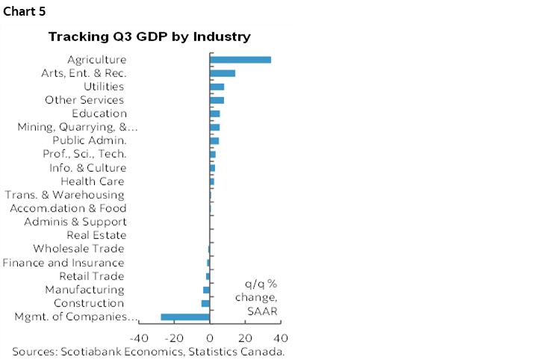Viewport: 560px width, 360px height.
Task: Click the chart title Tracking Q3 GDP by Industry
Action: pos(149,37)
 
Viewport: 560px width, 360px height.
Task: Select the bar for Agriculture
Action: pos(240,60)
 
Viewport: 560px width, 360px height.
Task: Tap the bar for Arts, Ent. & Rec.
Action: pos(223,73)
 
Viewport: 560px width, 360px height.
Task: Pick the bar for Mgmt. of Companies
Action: pos(185,317)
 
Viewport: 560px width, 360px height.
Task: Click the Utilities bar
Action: pos(217,87)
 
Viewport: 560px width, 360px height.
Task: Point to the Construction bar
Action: pos(205,303)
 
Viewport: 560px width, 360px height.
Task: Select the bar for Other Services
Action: pos(217,100)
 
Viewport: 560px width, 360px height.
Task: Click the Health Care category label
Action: pos(92,181)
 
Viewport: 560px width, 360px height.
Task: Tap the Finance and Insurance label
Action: pos(63,263)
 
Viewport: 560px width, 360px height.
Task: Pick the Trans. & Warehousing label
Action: pos(64,195)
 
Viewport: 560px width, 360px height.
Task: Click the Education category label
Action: pos(99,114)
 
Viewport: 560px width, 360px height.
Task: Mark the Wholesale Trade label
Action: pos(78,249)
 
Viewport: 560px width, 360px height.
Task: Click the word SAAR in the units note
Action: pos(261,310)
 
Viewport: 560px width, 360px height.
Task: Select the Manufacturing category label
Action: pos(84,290)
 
